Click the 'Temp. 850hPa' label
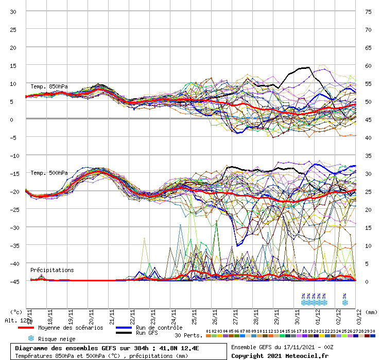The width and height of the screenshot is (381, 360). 49,86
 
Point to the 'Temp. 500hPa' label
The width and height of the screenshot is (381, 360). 49,173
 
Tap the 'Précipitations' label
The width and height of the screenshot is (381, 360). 51,270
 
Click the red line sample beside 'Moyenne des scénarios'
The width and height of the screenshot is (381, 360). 26,328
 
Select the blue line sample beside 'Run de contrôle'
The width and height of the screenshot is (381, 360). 124,328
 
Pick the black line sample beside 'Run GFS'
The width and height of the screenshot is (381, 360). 124,333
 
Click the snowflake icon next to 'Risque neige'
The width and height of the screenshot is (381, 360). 31,339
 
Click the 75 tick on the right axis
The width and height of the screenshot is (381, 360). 368,11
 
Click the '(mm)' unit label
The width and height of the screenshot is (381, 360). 371,312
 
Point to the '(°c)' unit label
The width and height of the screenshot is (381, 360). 16,312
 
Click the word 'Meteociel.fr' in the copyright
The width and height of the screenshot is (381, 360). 305,355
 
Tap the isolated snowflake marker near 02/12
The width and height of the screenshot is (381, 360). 344,302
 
